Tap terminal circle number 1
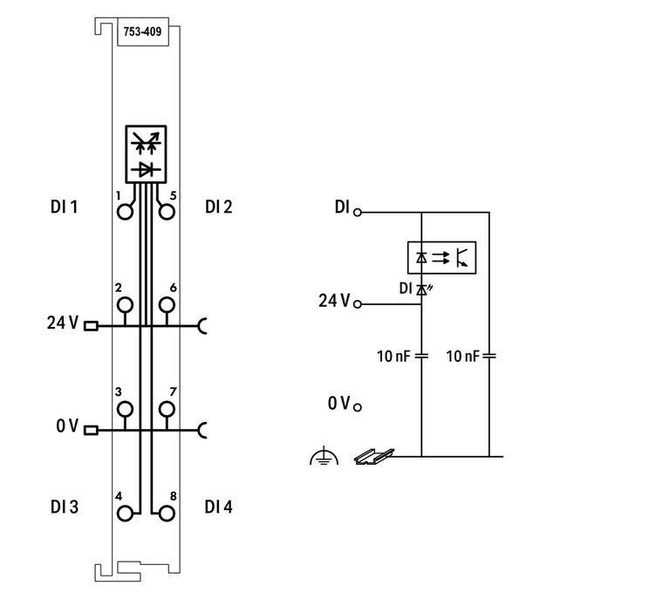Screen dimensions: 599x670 tap(126, 211)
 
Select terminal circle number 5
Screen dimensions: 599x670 tap(166, 211)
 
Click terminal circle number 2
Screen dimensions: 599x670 tap(126, 304)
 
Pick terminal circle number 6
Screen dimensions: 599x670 tap(166, 304)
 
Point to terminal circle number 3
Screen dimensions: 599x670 tap(126, 408)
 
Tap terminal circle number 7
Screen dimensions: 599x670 tap(166, 408)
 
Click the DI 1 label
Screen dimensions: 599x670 tap(65, 208)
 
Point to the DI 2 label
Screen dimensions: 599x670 tap(219, 208)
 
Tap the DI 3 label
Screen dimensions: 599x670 tap(65, 507)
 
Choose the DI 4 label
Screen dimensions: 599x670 tap(219, 507)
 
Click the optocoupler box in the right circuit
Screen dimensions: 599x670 tap(442, 257)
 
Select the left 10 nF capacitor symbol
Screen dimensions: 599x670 tap(421, 356)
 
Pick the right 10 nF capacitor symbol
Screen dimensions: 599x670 tap(489, 356)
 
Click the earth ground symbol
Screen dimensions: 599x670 tap(324, 456)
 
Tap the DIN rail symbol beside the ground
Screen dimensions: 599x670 tap(373, 455)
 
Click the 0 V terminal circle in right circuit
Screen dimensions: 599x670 tap(358, 405)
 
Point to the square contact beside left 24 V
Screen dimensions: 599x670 tap(90, 325)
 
